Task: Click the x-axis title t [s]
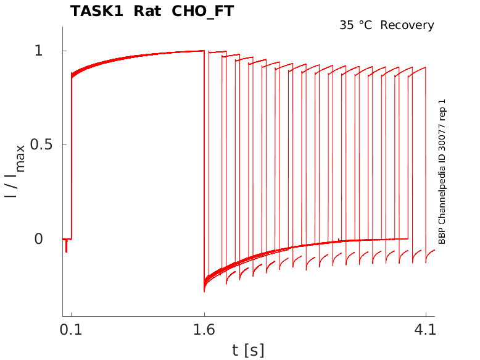coord(248,350)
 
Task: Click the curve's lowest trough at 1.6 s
coord(204,290)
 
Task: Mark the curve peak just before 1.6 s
coord(203,51)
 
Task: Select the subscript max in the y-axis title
coord(21,157)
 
